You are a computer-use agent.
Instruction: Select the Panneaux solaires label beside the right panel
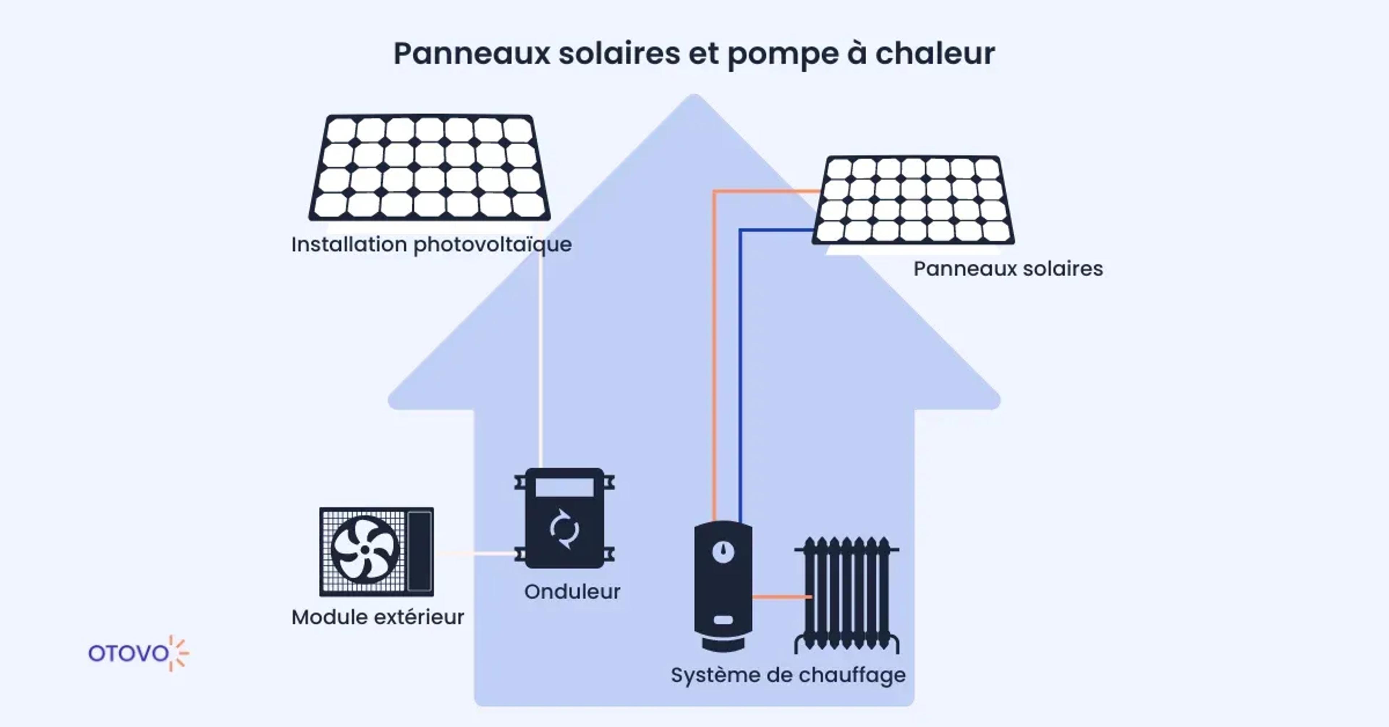(x=1008, y=269)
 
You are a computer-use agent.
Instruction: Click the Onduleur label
(x=572, y=592)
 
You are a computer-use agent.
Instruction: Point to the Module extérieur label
(x=377, y=617)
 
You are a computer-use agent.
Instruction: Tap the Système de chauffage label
(x=788, y=675)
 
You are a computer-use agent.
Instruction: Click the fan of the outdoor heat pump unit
(x=365, y=549)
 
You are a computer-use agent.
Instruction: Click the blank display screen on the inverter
(x=565, y=488)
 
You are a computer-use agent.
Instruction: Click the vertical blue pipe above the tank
(x=740, y=378)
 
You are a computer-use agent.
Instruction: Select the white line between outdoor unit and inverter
(x=475, y=553)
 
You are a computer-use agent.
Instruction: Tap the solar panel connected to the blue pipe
(x=913, y=200)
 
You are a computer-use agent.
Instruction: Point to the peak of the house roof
(x=694, y=100)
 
